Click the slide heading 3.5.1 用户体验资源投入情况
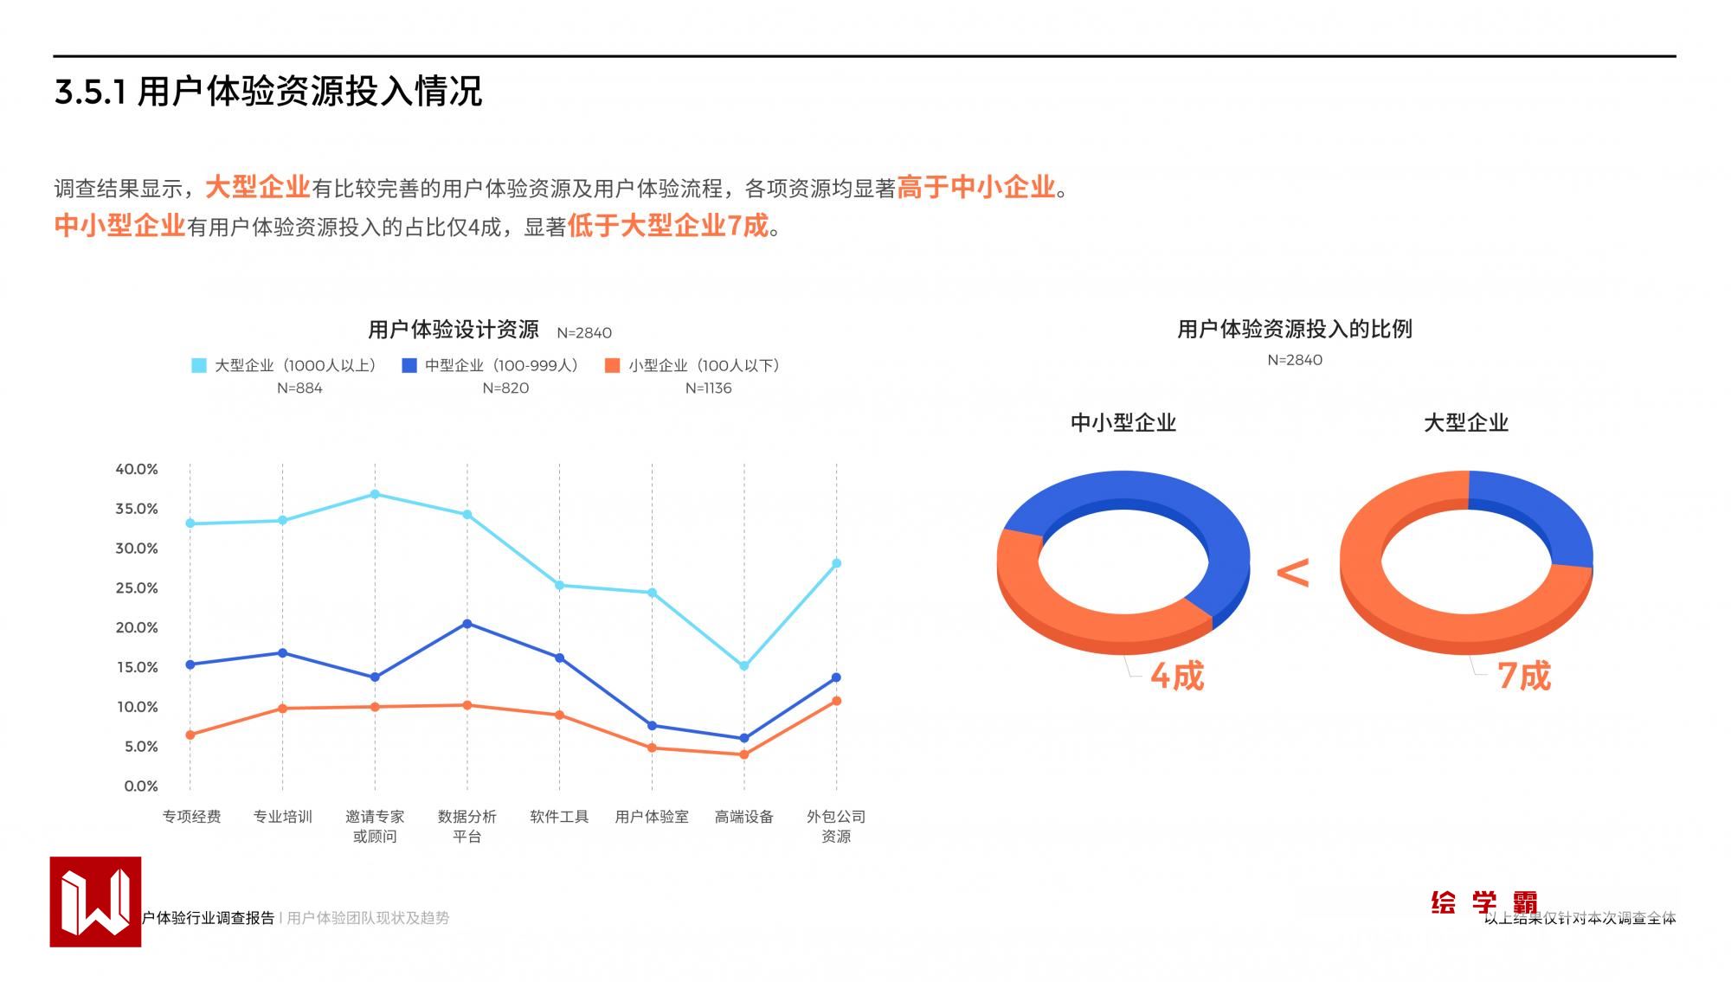[268, 92]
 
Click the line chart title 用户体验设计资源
[454, 330]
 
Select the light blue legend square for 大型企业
[199, 365]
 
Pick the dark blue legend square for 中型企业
[409, 365]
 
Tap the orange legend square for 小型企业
[613, 365]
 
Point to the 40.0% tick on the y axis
[137, 469]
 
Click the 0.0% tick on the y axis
[141, 786]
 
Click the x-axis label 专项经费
[191, 816]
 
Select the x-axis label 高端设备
[743, 816]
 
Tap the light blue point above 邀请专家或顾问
[375, 494]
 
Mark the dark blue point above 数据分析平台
[467, 623]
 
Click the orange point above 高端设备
[744, 754]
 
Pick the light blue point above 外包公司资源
[836, 563]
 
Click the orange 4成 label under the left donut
[1177, 676]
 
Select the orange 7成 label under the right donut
[1524, 676]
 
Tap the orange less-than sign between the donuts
[1293, 572]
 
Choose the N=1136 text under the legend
[708, 388]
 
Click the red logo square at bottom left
[95, 902]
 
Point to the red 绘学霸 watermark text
[1483, 902]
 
